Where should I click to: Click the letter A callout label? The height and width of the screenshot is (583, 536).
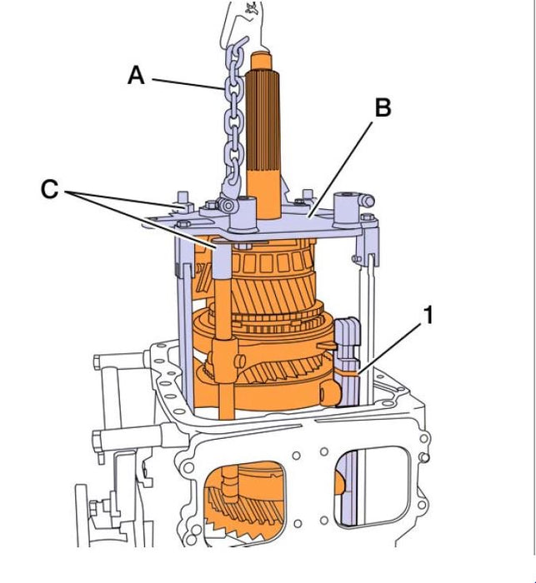(x=136, y=76)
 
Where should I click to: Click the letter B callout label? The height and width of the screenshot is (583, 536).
(x=383, y=107)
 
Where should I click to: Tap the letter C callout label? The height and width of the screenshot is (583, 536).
(x=50, y=190)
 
